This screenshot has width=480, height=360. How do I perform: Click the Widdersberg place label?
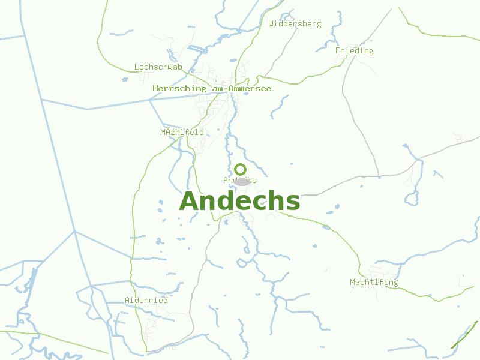(x=295, y=24)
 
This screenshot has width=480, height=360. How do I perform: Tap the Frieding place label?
(x=354, y=51)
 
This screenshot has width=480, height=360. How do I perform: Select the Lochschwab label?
(x=158, y=67)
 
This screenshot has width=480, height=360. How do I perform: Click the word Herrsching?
(x=179, y=89)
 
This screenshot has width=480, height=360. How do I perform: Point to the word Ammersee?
(x=249, y=89)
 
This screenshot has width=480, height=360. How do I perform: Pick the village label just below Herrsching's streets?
(x=182, y=132)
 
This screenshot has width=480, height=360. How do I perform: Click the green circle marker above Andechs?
(x=241, y=169)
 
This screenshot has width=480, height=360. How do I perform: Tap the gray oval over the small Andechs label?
(x=241, y=181)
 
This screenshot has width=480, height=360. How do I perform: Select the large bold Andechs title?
(x=239, y=201)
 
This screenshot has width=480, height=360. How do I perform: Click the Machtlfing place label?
(x=374, y=282)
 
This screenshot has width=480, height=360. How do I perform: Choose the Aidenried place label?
(x=146, y=300)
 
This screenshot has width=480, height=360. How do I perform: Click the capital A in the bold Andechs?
(x=190, y=202)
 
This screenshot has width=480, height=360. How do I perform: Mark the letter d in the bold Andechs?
(x=232, y=201)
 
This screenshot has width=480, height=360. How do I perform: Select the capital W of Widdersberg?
(x=272, y=24)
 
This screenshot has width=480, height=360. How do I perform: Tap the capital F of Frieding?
(x=338, y=51)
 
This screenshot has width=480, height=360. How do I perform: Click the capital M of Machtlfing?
(x=353, y=282)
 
